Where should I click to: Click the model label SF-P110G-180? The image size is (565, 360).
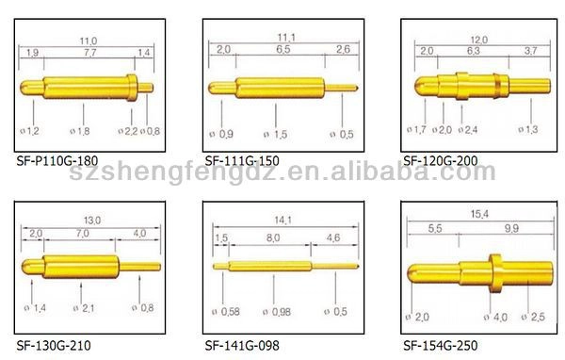pyautogui.click(x=57, y=160)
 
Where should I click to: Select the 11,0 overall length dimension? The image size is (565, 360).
pyautogui.click(x=89, y=41)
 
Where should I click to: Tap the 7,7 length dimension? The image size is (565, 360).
pyautogui.click(x=90, y=53)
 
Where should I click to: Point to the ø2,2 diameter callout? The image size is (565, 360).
pyautogui.click(x=128, y=131)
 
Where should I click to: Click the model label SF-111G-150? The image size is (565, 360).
pyautogui.click(x=242, y=160)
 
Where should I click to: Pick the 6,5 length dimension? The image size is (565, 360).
pyautogui.click(x=283, y=49)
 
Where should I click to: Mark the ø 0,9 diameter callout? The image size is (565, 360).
pyautogui.click(x=221, y=134)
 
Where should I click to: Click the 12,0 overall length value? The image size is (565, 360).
pyautogui.click(x=479, y=40)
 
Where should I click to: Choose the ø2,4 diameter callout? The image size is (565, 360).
pyautogui.click(x=468, y=129)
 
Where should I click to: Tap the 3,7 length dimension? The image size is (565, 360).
pyautogui.click(x=530, y=51)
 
